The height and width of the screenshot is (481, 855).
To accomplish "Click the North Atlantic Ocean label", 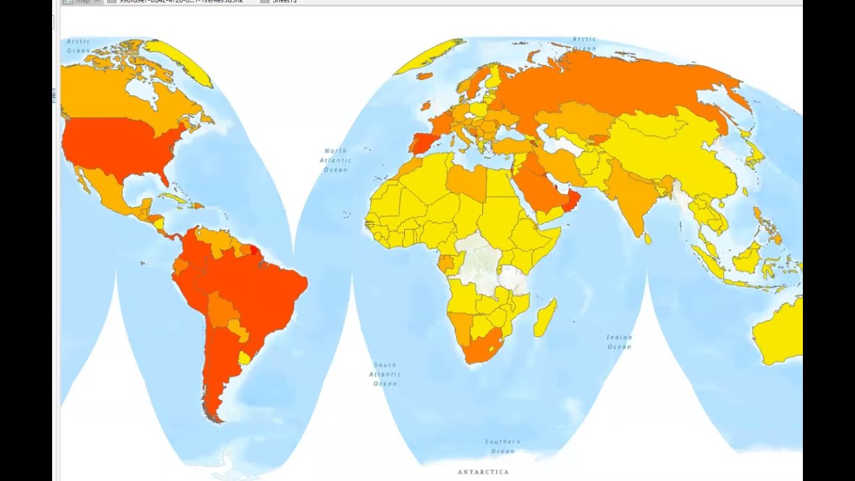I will [x=335, y=160].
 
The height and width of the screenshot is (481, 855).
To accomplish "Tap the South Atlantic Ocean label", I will [x=385, y=374].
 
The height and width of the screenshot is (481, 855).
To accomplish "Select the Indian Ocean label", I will [x=619, y=342].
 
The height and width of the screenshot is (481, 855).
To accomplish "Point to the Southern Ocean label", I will [x=502, y=446].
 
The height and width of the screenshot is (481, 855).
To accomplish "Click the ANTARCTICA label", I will [x=483, y=472].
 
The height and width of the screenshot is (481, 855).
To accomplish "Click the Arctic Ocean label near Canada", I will [x=78, y=45].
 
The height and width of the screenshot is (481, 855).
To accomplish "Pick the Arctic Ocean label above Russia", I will [x=584, y=43].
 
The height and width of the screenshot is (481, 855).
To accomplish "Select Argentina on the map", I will [x=217, y=374].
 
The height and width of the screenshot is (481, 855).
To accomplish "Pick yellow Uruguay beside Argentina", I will [x=244, y=358].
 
